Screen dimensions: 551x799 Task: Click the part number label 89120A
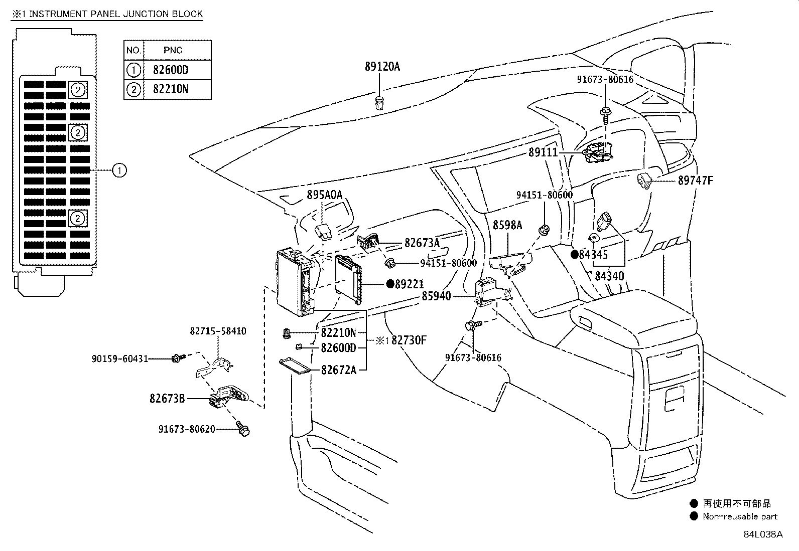point(382,67)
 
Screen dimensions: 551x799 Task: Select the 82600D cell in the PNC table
point(170,70)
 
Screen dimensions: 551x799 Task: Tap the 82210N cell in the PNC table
point(170,89)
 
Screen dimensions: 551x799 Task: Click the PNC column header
point(173,50)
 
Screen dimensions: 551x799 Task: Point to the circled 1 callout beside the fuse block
point(119,170)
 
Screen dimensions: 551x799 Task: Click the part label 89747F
point(695,180)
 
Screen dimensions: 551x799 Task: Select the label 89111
point(543,152)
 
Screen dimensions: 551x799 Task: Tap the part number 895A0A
point(324,195)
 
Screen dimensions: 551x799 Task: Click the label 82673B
point(167,399)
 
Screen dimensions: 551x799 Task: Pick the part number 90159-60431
point(120,358)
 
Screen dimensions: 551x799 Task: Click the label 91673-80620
point(187,429)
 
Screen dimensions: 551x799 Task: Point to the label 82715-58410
point(218,331)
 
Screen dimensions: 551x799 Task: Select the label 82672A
point(338,370)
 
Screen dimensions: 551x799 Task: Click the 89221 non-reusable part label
point(409,284)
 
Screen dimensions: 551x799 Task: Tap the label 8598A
point(507,225)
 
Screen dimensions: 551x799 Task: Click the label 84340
point(609,276)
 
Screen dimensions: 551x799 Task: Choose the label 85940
point(436,296)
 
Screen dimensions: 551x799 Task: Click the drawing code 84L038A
point(763,534)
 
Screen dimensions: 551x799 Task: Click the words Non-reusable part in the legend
point(740,516)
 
